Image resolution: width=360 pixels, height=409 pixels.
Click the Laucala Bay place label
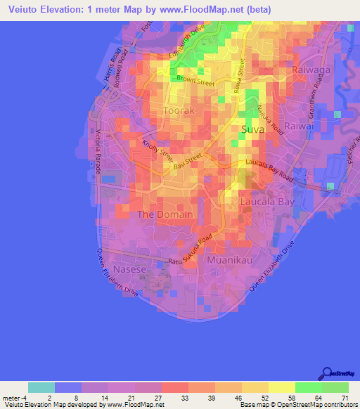tap(266, 202)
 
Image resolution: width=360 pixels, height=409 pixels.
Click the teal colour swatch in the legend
tap(41, 387)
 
